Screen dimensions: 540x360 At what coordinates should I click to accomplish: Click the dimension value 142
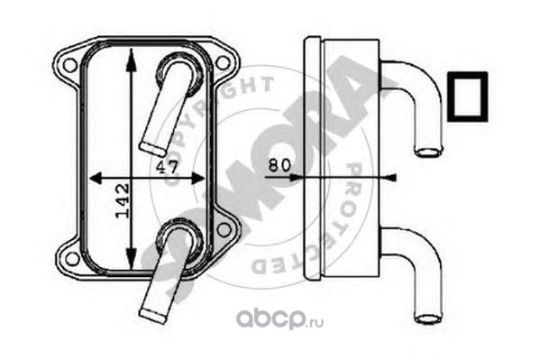[123, 201]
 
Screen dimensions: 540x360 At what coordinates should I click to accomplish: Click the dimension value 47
[168, 167]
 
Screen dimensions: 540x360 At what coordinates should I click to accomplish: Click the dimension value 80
[279, 165]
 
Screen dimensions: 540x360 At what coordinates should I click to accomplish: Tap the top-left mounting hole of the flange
[70, 65]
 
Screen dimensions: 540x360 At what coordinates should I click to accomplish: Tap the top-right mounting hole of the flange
[223, 62]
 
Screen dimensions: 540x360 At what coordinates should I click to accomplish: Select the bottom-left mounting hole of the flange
[72, 258]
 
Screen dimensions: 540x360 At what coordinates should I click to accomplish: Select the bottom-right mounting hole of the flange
[224, 229]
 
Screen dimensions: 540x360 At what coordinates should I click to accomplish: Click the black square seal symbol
[468, 97]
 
